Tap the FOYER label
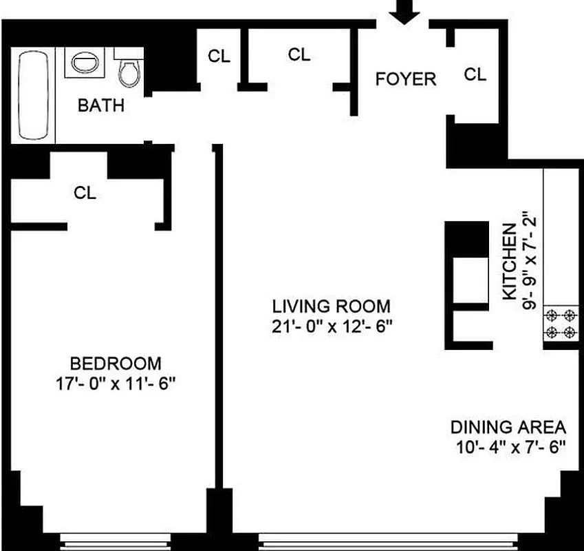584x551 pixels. tap(405, 79)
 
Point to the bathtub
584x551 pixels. tap(32, 96)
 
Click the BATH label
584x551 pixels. tap(101, 106)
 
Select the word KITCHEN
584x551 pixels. tap(510, 262)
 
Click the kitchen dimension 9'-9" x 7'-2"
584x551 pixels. tap(528, 262)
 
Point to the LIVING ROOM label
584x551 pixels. tap(331, 306)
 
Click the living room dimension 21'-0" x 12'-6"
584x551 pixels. tap(331, 326)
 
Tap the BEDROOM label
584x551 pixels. tap(116, 363)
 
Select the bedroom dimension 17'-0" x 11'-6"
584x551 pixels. tap(116, 384)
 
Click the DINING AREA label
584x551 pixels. tap(508, 426)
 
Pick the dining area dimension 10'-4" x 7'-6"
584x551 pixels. tap(508, 446)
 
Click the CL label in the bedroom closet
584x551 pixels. tap(85, 194)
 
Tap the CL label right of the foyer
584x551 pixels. tap(475, 74)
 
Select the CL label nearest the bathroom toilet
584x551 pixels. tap(219, 57)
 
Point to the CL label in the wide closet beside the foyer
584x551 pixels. tap(299, 54)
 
